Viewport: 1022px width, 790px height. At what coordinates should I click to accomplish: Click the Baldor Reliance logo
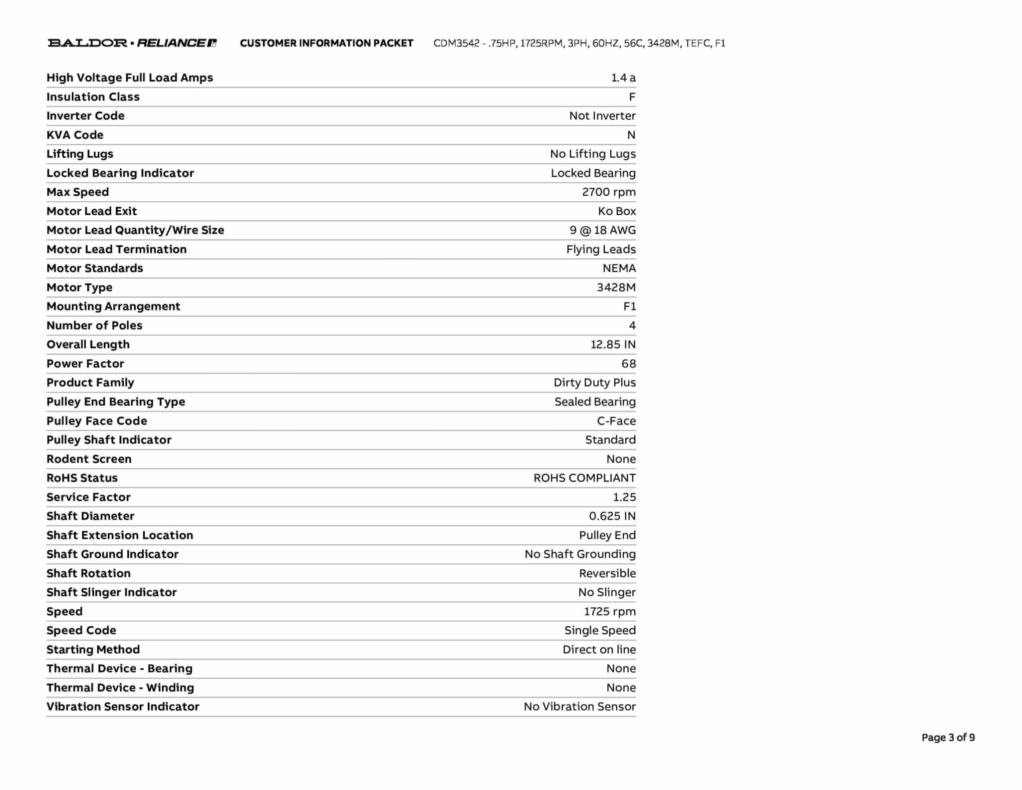tap(132, 43)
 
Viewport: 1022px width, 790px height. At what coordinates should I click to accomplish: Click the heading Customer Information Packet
tap(326, 43)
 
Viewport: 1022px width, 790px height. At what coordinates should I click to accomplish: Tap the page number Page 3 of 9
tap(948, 738)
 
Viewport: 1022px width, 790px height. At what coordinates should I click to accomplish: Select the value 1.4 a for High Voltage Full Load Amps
tap(623, 78)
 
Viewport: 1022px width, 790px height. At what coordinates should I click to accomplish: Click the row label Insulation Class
tap(93, 97)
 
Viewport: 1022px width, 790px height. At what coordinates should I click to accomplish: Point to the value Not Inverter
tap(602, 116)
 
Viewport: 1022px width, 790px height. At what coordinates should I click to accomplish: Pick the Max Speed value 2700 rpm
tap(608, 192)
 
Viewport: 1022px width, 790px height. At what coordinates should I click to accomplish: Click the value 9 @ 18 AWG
tap(602, 230)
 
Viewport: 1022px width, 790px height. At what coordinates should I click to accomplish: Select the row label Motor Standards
tap(94, 268)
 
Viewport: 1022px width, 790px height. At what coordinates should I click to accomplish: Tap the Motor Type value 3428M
tap(616, 288)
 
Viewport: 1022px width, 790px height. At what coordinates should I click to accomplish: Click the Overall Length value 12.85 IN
tap(613, 345)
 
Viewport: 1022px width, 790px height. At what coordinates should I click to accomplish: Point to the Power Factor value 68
tap(628, 364)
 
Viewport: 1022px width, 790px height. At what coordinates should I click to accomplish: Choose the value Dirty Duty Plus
tap(594, 383)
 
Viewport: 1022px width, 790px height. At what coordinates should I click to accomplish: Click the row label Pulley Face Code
tap(97, 421)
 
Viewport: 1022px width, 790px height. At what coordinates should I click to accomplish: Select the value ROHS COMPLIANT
tap(584, 478)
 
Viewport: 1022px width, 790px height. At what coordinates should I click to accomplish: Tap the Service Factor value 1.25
tap(624, 497)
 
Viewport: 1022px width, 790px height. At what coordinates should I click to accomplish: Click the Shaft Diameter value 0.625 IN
tap(612, 516)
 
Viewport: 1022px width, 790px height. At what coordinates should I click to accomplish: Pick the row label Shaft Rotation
tap(88, 573)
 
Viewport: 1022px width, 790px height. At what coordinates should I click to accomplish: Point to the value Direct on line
tap(599, 650)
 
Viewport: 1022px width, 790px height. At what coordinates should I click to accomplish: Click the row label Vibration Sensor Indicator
tap(123, 707)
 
